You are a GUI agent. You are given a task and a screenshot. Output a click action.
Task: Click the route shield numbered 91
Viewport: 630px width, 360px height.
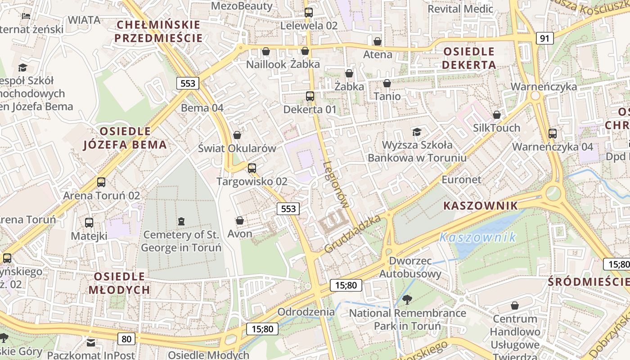pos(544,38)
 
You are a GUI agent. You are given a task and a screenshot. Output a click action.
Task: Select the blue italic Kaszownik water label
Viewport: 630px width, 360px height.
pos(477,237)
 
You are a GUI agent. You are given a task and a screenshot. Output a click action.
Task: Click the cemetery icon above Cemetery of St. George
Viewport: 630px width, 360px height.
pos(181,221)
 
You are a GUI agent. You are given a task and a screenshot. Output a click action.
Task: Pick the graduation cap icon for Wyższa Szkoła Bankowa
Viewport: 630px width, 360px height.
pos(417,132)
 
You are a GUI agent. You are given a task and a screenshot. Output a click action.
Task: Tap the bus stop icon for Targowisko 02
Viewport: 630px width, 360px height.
pos(252,168)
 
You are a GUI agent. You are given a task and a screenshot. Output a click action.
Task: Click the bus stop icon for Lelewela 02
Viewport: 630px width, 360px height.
pos(309,12)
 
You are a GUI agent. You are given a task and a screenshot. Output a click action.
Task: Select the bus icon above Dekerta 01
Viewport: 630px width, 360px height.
pos(310,96)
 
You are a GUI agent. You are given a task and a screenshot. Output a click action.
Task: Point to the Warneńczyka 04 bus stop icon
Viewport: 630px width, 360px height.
pos(553,133)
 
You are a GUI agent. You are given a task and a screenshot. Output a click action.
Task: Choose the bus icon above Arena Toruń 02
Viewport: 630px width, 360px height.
pos(101,182)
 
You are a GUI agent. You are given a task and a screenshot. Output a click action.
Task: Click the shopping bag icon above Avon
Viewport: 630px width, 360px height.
pos(240,220)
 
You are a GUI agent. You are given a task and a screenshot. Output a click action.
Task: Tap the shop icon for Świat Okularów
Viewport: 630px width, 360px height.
pos(237,135)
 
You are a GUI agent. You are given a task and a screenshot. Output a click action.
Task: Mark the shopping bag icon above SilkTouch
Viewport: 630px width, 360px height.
pos(497,115)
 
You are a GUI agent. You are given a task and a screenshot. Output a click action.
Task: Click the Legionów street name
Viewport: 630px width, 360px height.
pos(336,184)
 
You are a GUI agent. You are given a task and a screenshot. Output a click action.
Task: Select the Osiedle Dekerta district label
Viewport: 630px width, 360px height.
pos(469,58)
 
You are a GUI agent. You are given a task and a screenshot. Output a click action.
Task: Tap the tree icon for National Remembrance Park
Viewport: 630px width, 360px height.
pos(407,299)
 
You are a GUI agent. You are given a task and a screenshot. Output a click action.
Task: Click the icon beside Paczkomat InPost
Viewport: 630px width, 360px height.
pos(91,343)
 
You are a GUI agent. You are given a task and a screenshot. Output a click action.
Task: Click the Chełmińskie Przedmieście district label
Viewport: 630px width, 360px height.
pos(158,31)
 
